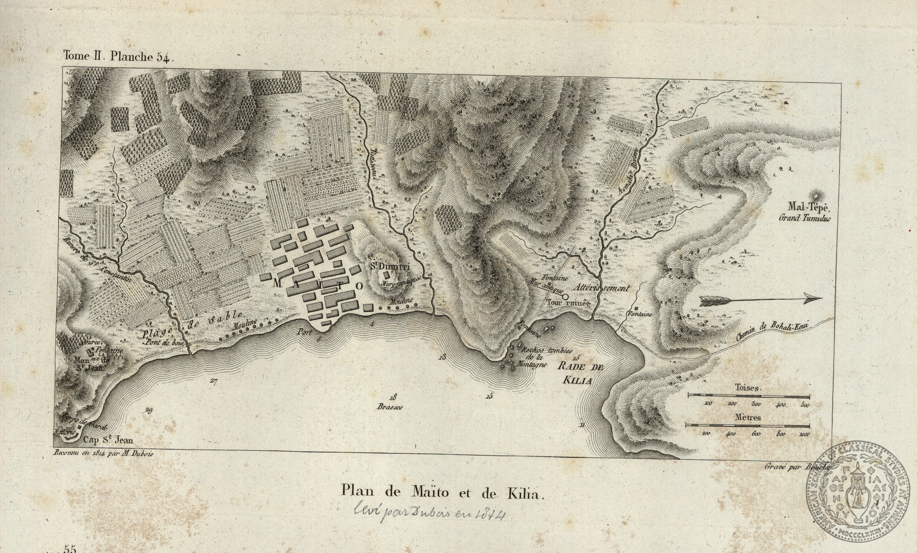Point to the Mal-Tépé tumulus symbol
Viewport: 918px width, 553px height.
(x=814, y=195)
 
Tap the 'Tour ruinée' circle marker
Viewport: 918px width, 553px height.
(x=565, y=296)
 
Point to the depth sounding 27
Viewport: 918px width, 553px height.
(x=214, y=380)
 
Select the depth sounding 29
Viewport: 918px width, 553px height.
(x=149, y=410)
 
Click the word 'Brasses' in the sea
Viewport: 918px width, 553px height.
(x=390, y=408)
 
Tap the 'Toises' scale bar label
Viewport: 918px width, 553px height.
(x=748, y=388)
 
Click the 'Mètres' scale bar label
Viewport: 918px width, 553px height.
(x=748, y=417)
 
